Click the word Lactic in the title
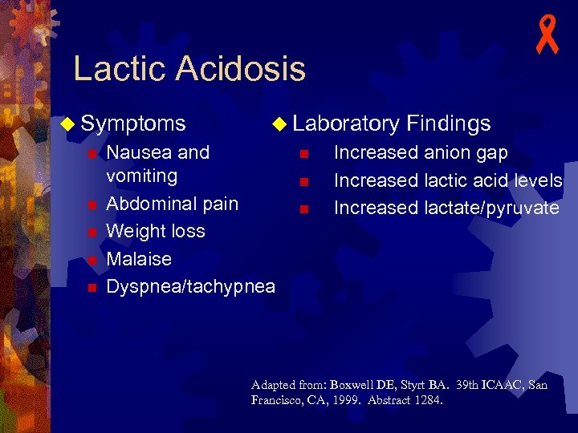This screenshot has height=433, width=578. click(x=121, y=69)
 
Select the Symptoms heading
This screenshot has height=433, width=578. click(x=133, y=123)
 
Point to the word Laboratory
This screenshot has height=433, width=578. click(x=346, y=123)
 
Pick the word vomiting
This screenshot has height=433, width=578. click(x=142, y=176)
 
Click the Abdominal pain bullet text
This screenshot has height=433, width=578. click(x=173, y=204)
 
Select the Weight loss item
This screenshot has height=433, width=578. click(x=156, y=231)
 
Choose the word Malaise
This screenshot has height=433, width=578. click(x=139, y=259)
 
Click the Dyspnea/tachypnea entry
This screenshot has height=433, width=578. click(x=190, y=286)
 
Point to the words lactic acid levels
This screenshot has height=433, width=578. click(x=493, y=180)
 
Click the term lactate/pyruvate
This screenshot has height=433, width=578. click(x=491, y=208)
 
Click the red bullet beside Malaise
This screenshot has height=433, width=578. click(x=92, y=260)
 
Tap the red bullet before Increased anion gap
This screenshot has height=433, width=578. click(x=303, y=153)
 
